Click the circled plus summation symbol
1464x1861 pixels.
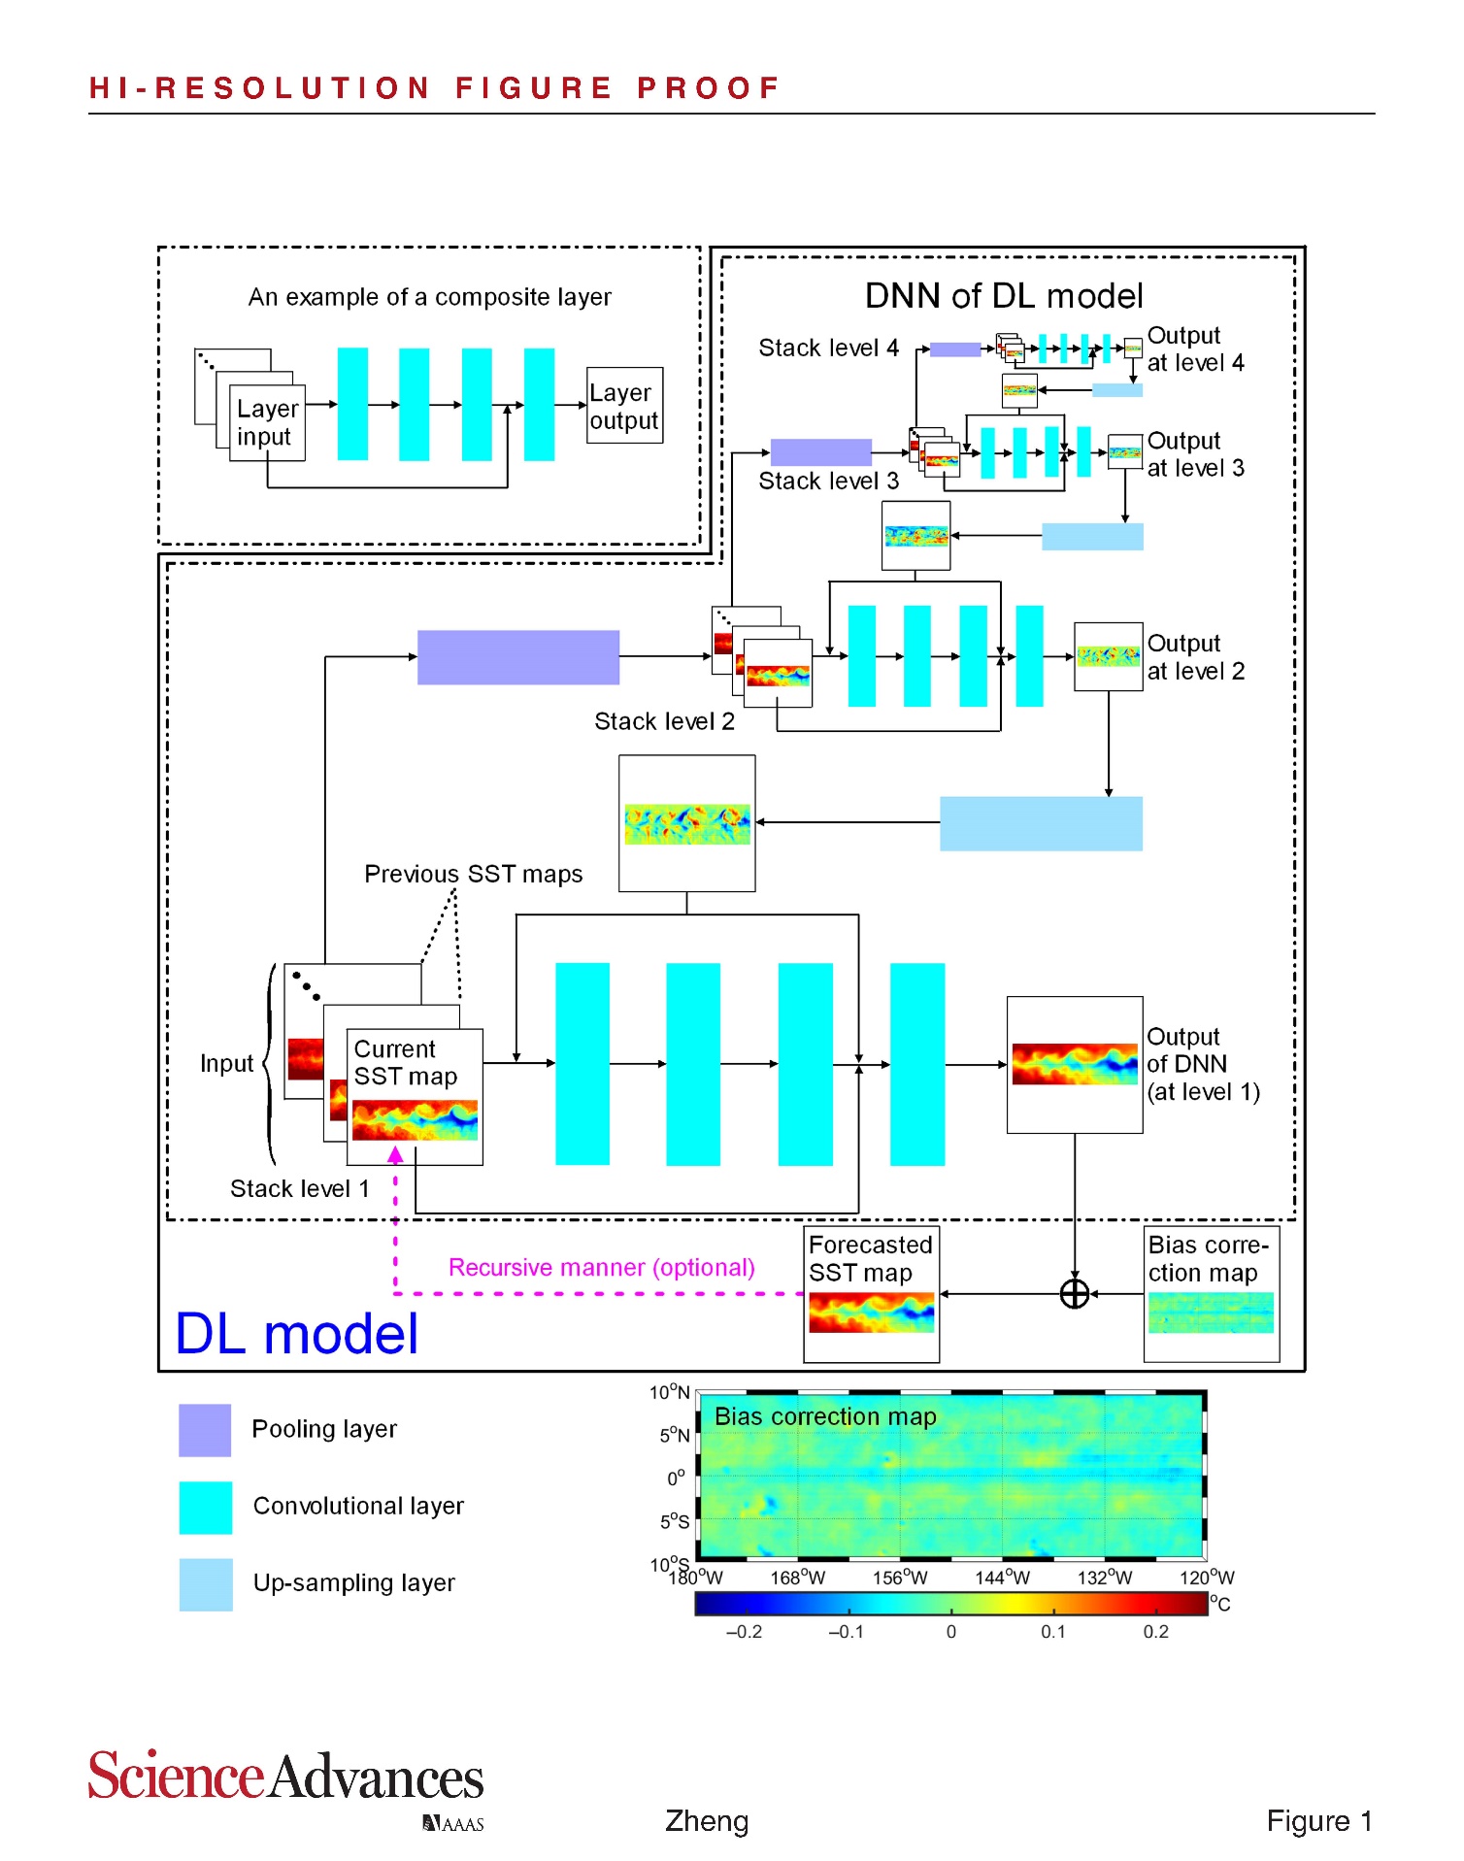tap(1074, 1293)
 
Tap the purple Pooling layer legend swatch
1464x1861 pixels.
tap(205, 1429)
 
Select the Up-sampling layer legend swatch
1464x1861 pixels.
tap(205, 1583)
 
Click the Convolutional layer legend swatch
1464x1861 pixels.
tap(205, 1507)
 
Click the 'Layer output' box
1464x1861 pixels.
tap(624, 406)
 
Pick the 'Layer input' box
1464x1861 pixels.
tap(267, 422)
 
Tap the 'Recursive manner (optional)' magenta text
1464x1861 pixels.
tap(601, 1267)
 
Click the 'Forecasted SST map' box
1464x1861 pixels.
tap(871, 1294)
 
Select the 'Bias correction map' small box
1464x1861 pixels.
tap(1211, 1294)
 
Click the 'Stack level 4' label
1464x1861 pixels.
tap(828, 348)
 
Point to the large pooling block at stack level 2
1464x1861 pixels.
tap(517, 657)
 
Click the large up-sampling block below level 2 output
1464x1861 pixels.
tap(1041, 823)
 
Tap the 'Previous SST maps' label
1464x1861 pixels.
tap(473, 874)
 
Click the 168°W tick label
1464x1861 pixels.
tap(797, 1578)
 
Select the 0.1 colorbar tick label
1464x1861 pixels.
tap(1052, 1632)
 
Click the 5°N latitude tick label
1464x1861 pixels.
tap(674, 1435)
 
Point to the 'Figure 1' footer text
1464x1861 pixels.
tap(1318, 1820)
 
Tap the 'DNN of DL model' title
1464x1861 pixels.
tap(1003, 296)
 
